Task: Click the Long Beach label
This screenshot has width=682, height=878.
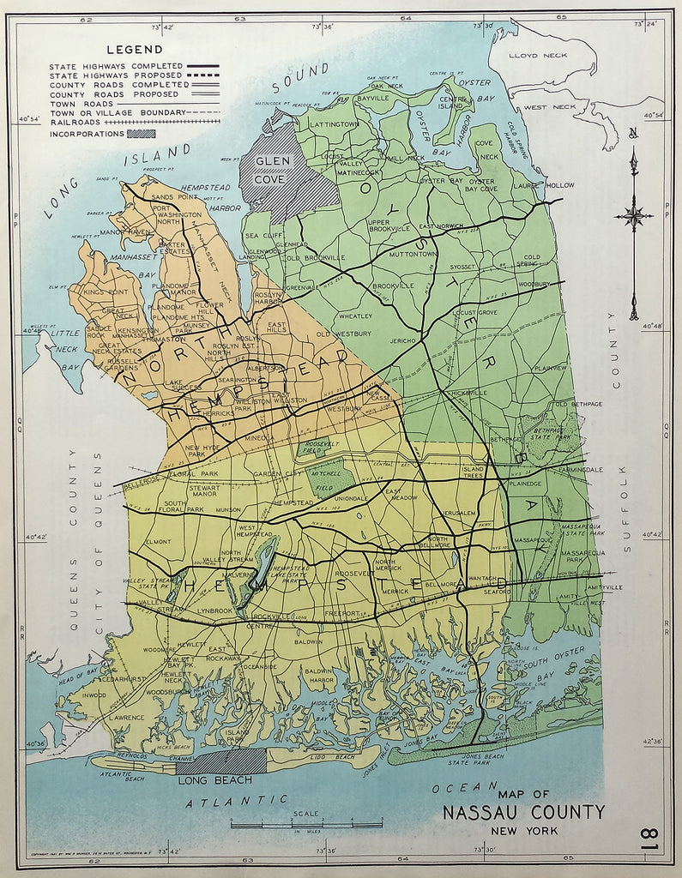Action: [x=214, y=779]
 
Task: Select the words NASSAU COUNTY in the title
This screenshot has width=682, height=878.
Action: [x=523, y=812]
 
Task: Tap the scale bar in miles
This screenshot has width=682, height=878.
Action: [x=294, y=824]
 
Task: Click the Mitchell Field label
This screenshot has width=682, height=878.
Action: [x=323, y=472]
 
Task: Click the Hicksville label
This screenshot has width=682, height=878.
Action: [x=467, y=393]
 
